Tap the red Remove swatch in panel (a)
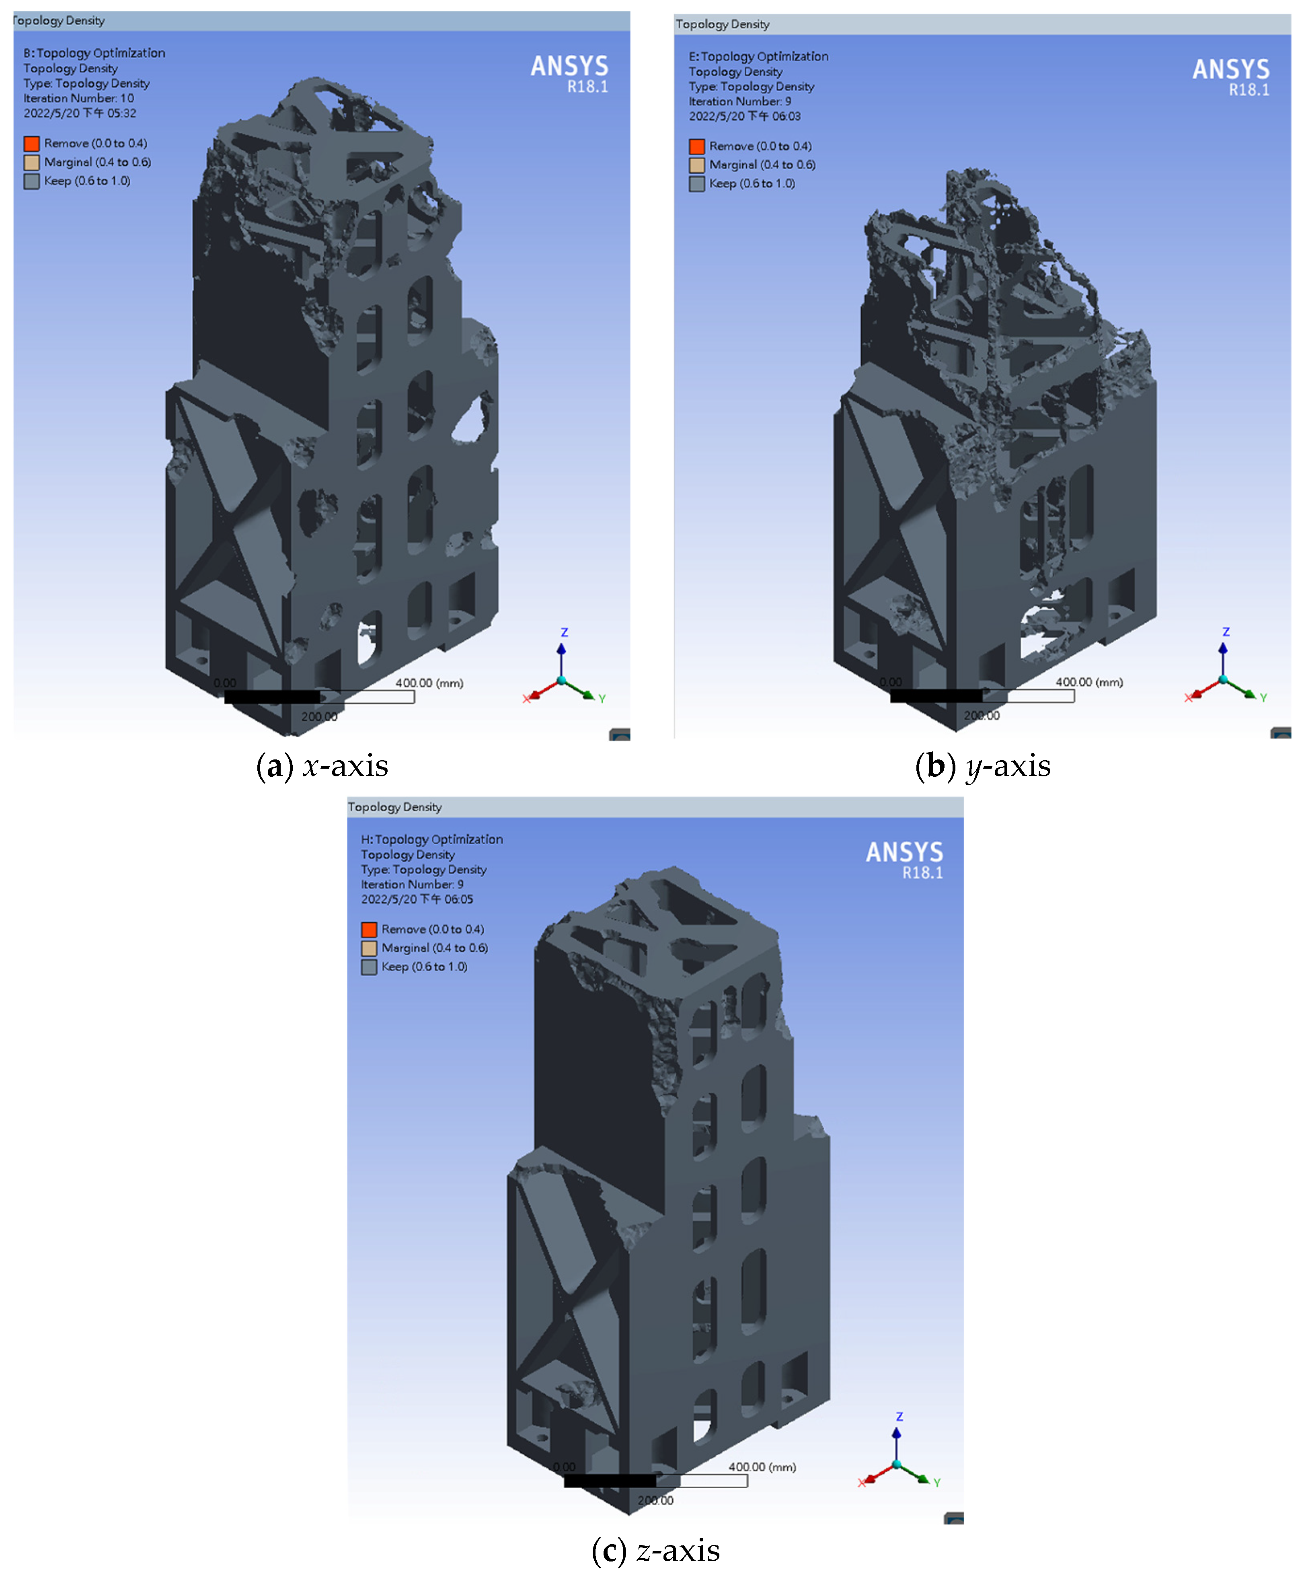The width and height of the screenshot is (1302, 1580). [31, 143]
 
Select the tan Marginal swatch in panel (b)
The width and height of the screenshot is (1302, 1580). [697, 165]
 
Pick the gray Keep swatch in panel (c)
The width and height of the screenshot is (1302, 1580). [369, 967]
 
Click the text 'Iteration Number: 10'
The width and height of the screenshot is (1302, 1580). [79, 98]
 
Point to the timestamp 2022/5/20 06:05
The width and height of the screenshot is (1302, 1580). [417, 899]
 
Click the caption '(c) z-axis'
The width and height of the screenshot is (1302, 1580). [655, 1551]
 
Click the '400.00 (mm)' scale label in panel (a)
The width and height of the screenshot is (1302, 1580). [429, 683]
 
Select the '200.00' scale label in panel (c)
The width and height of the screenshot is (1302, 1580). [655, 1500]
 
